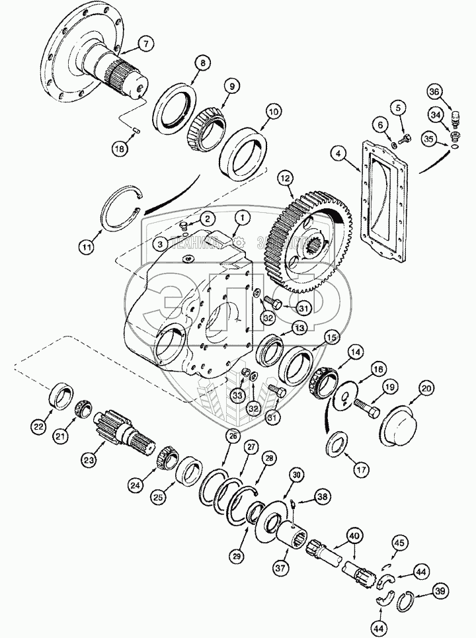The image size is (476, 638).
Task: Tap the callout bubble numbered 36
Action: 452,92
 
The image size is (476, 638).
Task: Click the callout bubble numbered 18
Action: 119,149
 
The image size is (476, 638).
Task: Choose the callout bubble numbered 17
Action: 377,471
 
